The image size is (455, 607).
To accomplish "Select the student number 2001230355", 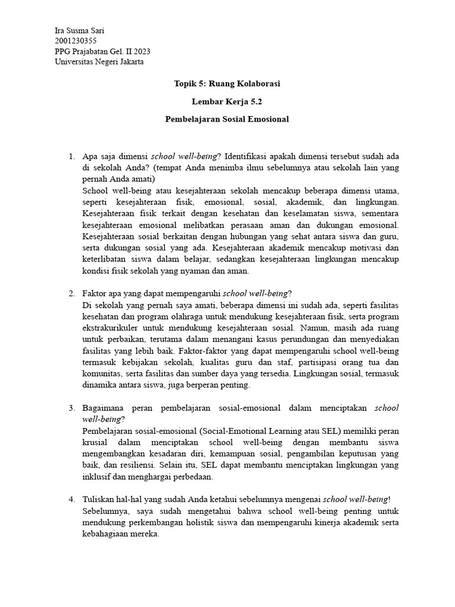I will [75, 41].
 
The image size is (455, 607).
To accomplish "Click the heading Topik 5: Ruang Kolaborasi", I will [227, 84].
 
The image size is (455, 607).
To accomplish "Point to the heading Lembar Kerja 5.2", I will [227, 101].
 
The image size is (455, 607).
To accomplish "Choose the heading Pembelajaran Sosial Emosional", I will [227, 119].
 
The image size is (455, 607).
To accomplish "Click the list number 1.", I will [71, 156].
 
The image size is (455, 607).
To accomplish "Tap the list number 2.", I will [71, 293].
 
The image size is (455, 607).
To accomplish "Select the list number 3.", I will [71, 408].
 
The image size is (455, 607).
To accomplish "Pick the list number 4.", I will [71, 500].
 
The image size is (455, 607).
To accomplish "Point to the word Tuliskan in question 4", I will [98, 500].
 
